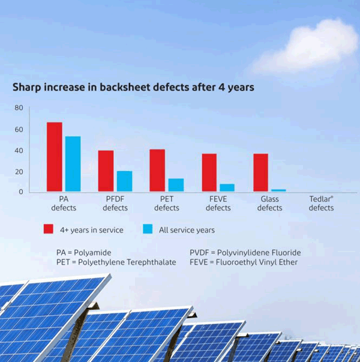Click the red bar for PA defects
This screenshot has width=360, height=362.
tap(55, 157)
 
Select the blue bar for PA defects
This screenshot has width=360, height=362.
tap(73, 164)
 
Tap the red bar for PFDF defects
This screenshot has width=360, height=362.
tap(106, 171)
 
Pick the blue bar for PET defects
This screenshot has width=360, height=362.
tap(176, 185)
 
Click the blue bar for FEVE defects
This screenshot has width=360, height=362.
tap(227, 188)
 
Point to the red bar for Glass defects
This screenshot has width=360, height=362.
tap(261, 172)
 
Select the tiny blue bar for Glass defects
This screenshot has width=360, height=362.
tap(278, 190)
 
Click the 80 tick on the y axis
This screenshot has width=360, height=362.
tap(19, 108)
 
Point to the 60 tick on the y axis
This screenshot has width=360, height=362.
tap(19, 130)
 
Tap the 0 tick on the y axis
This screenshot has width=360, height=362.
tap(21, 192)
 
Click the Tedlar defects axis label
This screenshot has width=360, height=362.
tap(321, 204)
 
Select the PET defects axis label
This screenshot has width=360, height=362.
tap(167, 204)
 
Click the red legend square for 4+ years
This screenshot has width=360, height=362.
tap(49, 229)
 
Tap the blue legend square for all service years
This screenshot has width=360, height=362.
tap(148, 229)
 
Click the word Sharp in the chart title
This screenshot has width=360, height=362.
tap(26, 88)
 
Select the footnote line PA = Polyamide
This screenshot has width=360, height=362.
tap(84, 253)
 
